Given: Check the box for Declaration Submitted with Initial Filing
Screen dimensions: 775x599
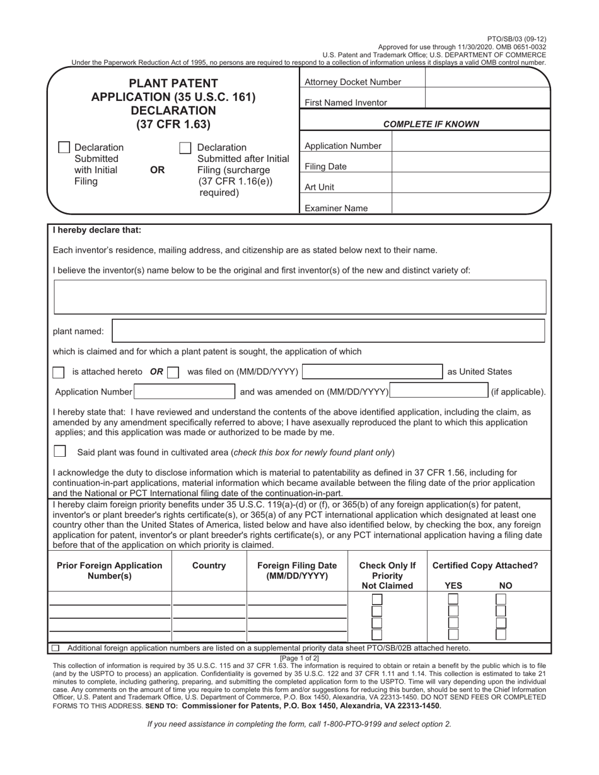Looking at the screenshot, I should tap(64, 147).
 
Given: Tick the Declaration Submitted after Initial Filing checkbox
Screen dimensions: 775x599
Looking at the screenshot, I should tap(185, 147).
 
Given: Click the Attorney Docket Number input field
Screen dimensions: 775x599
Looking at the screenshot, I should tap(487, 82).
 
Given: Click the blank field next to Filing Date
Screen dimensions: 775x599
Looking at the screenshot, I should tap(470, 166).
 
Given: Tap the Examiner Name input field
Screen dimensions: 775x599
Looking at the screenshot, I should tap(470, 205).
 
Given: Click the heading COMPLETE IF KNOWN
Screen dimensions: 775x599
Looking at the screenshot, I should tap(431, 124).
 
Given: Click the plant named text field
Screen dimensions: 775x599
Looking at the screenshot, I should tap(328, 331).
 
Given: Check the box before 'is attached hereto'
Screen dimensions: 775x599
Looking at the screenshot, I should tap(59, 372).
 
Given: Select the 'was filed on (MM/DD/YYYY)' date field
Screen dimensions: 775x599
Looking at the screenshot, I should tap(372, 372).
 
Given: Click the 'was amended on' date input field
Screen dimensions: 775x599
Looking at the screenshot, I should tap(439, 391).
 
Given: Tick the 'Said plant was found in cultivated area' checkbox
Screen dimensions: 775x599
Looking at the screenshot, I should tap(60, 451).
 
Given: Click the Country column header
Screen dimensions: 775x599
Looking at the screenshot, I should tap(209, 566).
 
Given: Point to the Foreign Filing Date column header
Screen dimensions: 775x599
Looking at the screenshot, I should tap(297, 571).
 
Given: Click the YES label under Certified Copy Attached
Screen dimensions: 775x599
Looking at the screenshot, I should tap(453, 585).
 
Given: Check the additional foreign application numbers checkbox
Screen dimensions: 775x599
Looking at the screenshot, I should tap(55, 648).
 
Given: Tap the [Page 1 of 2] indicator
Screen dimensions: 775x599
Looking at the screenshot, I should tap(299, 658).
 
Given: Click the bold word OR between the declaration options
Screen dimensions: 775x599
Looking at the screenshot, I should tap(158, 170).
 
